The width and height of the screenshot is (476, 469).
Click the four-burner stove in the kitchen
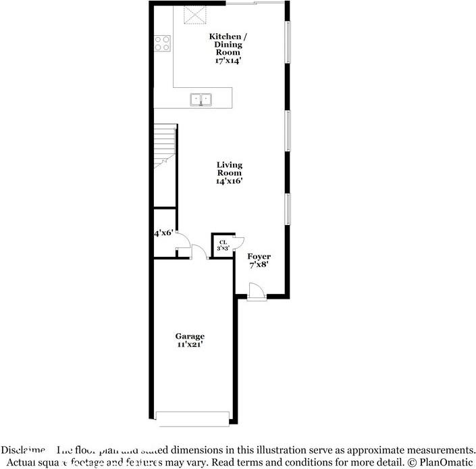point(162,44)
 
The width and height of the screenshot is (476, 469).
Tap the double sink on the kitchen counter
point(201,99)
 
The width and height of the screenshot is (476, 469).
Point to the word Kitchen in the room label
point(224,36)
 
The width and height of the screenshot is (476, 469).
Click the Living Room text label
point(230,169)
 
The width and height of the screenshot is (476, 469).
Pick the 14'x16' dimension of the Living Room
point(230,181)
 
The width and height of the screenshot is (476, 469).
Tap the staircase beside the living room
point(164,145)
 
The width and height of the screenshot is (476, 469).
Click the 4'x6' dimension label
point(163,233)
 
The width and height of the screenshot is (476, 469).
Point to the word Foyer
point(259,257)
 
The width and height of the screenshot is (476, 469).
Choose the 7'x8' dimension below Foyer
point(259,265)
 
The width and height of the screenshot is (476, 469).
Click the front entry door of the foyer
point(256,292)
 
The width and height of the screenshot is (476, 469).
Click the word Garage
point(190,337)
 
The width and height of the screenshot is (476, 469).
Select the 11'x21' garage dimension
point(190,345)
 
